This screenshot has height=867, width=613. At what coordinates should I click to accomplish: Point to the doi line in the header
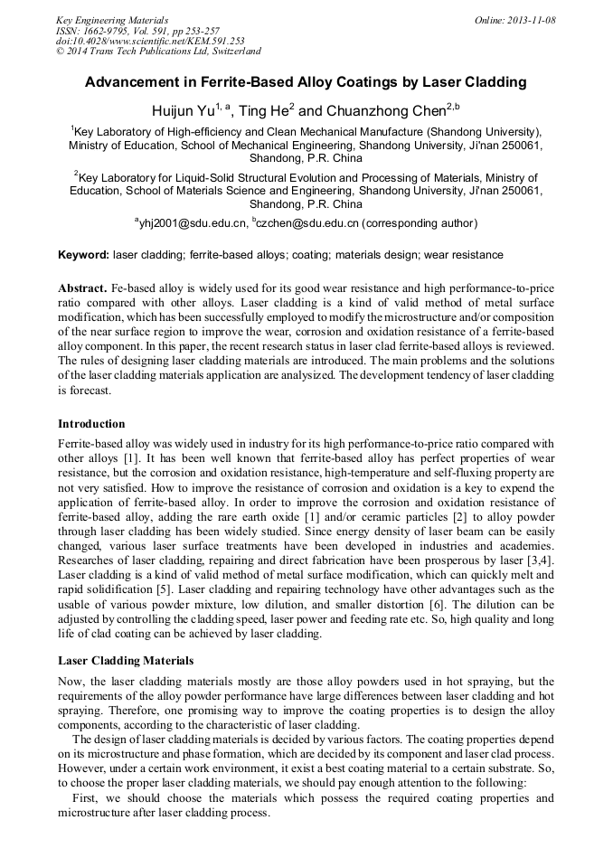[150, 42]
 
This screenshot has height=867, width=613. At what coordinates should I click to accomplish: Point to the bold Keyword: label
[83, 255]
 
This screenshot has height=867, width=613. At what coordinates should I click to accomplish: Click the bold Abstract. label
[83, 288]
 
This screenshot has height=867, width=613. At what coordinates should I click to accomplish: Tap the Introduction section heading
[91, 424]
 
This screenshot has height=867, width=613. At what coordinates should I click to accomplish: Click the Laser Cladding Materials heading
[126, 661]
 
